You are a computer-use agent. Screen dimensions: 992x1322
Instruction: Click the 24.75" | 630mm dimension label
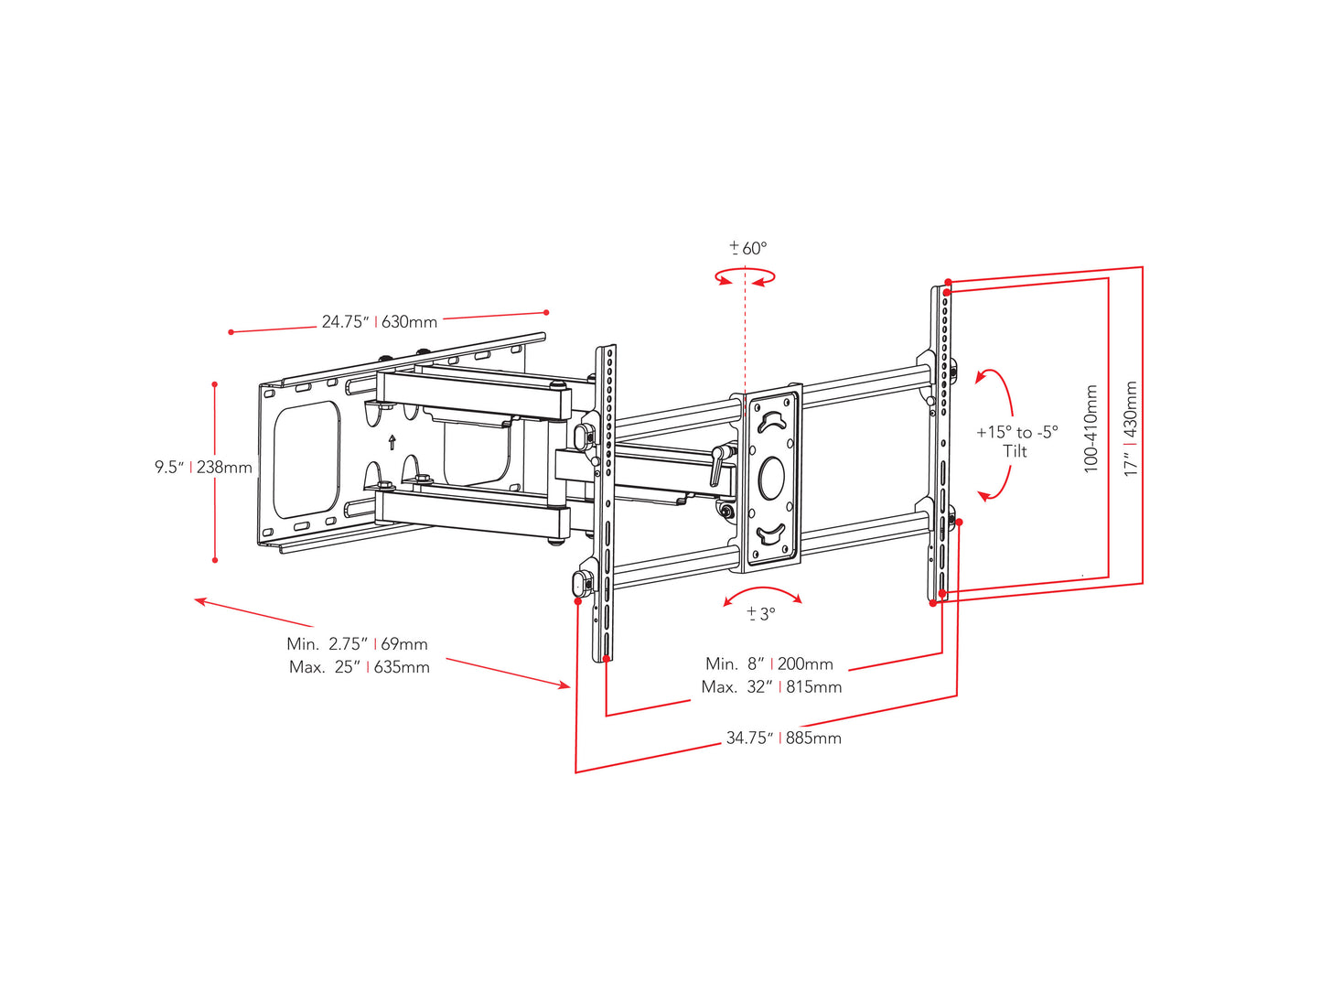(x=379, y=322)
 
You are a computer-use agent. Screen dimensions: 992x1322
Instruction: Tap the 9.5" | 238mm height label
(x=203, y=468)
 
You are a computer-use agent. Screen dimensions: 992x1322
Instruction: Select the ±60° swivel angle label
(x=748, y=248)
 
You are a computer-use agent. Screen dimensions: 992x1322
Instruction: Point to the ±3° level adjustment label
(x=760, y=614)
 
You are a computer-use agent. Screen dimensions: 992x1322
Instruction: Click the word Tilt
(x=1015, y=451)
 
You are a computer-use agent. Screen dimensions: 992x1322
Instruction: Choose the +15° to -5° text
(x=1016, y=432)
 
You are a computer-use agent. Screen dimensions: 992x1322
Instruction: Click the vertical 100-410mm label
(x=1091, y=428)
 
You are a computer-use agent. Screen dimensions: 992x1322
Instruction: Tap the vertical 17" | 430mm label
(x=1132, y=428)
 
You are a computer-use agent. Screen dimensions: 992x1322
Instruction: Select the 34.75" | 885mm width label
(x=783, y=738)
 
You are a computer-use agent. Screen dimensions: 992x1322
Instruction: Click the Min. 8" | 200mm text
(x=768, y=663)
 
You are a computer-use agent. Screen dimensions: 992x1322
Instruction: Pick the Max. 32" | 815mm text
(x=771, y=686)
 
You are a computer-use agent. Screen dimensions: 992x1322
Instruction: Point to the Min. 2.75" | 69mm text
(x=357, y=644)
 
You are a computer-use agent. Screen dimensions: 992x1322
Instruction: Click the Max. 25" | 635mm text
(x=359, y=667)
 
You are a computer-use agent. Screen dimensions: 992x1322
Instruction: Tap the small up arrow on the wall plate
(x=392, y=442)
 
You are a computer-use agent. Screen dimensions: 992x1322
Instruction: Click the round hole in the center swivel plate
(x=772, y=478)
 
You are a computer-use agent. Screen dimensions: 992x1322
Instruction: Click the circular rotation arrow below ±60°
(x=746, y=276)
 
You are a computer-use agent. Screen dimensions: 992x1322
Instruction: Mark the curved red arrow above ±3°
(x=762, y=593)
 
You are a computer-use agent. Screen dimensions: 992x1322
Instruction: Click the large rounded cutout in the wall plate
(x=306, y=459)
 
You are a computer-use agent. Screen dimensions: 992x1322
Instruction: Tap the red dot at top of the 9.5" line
(x=215, y=384)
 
